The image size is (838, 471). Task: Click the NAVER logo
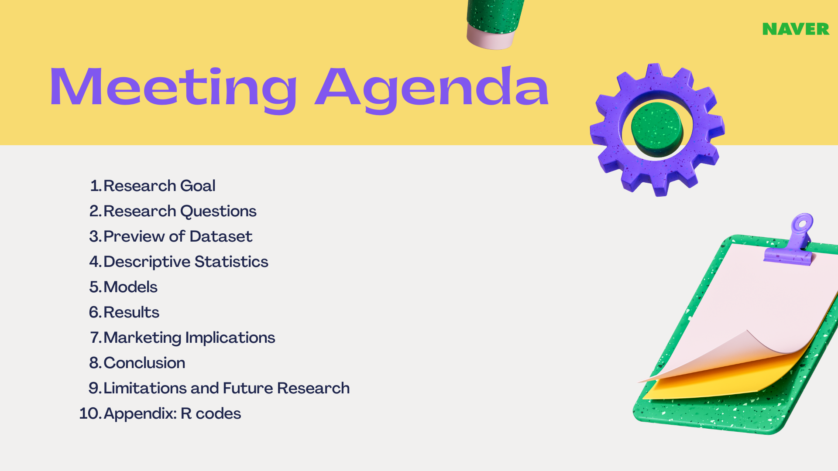796,29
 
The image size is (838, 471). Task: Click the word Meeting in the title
174,89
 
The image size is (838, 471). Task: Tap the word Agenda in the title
432,89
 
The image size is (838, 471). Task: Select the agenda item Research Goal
159,186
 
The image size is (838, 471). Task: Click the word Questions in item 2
218,212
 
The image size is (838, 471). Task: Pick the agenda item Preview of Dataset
178,236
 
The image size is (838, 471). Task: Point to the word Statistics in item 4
231,262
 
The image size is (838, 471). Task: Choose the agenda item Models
131,287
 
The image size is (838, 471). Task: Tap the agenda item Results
131,312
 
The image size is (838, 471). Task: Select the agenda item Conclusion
144,363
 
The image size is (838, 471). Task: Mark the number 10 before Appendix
89,413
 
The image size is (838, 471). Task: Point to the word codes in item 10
218,413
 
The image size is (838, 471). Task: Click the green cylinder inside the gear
657,129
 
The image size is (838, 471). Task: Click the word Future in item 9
248,388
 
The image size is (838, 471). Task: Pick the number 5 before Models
95,287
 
